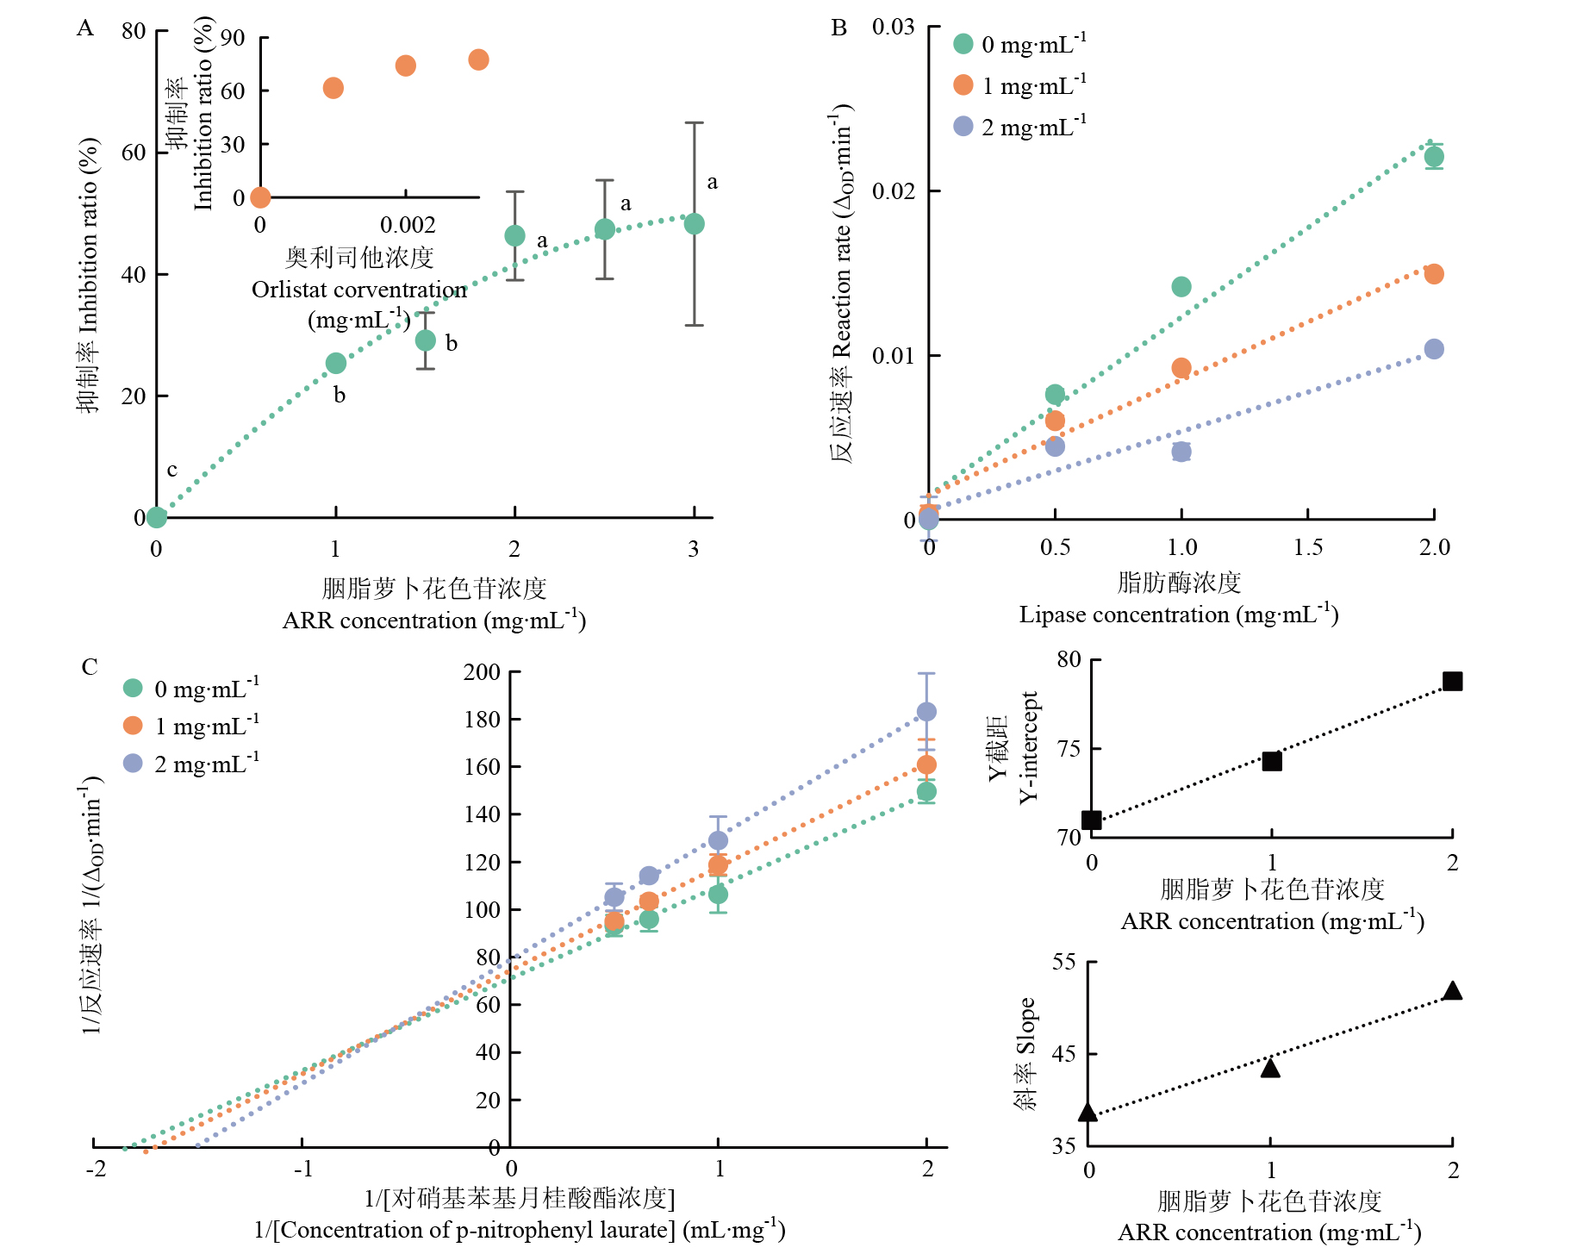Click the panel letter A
[84, 28]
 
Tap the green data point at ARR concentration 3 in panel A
[694, 224]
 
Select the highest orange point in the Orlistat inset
[478, 59]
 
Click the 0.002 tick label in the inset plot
[408, 225]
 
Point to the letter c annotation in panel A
[171, 470]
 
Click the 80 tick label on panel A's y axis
[134, 31]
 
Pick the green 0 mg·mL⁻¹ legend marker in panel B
[963, 43]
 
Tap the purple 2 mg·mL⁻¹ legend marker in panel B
[963, 127]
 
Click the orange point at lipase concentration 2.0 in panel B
[1434, 274]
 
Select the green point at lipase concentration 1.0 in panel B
[1181, 287]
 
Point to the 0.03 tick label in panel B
[893, 27]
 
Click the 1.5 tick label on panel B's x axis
[1308, 547]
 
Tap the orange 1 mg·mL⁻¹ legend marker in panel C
[133, 726]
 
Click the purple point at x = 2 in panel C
[926, 712]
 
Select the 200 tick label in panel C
[482, 672]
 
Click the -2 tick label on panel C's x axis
[97, 1169]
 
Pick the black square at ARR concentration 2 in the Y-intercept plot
[1452, 681]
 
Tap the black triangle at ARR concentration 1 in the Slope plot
[1270, 1067]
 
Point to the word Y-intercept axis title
[1029, 747]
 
